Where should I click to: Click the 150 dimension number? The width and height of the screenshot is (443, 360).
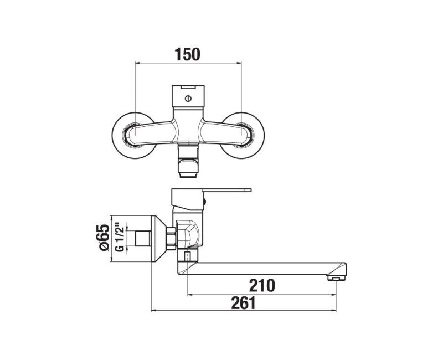click(x=187, y=54)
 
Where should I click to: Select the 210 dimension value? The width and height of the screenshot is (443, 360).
click(x=262, y=286)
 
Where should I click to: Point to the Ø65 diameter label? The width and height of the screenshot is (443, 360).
click(x=102, y=239)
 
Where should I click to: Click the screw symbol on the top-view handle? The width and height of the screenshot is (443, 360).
click(x=188, y=99)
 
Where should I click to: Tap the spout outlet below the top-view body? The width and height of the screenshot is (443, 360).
click(x=188, y=163)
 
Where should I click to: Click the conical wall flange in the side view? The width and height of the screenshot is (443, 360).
click(x=159, y=239)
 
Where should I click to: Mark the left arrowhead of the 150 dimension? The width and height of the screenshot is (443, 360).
click(x=137, y=62)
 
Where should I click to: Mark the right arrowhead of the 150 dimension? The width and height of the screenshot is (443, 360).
click(x=239, y=62)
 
